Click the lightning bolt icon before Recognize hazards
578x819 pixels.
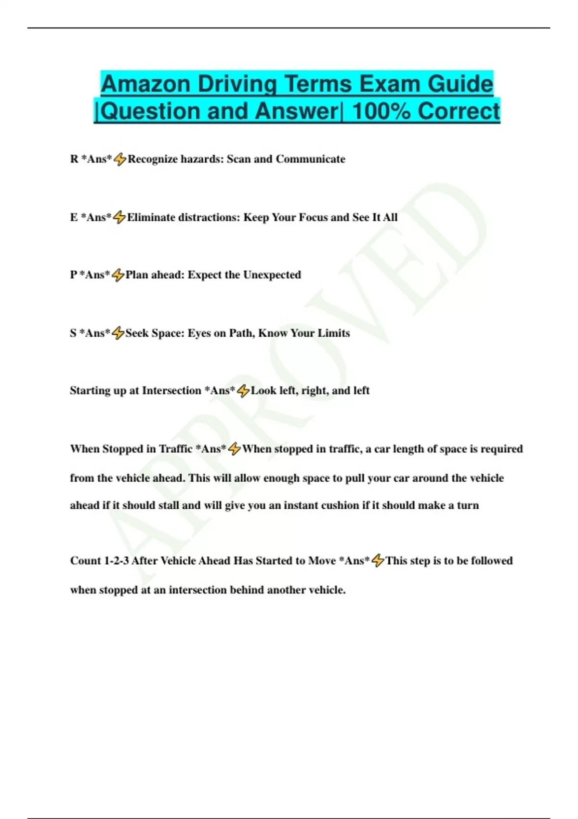(120, 159)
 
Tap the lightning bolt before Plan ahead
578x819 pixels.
(118, 275)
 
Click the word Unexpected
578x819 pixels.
(272, 275)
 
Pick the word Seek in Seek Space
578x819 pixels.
(137, 333)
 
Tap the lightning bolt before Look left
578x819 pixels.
(243, 391)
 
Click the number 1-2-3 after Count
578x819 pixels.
(116, 561)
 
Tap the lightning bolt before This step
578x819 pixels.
(378, 561)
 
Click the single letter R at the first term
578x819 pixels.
(74, 159)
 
